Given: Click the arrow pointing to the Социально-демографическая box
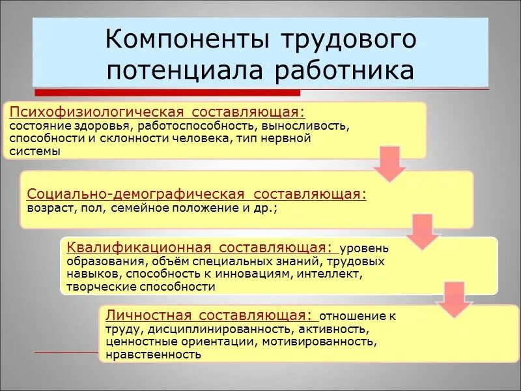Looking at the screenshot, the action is point(390,164).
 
